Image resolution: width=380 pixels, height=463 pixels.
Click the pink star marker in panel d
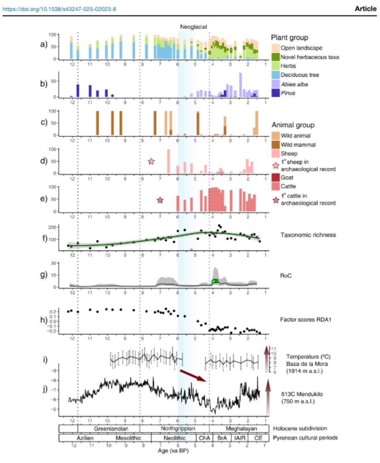point(151,161)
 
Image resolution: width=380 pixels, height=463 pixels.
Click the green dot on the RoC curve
point(215,281)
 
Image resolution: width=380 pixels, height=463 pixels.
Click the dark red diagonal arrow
point(193,375)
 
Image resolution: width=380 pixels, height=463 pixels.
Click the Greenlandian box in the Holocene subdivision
point(109,428)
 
